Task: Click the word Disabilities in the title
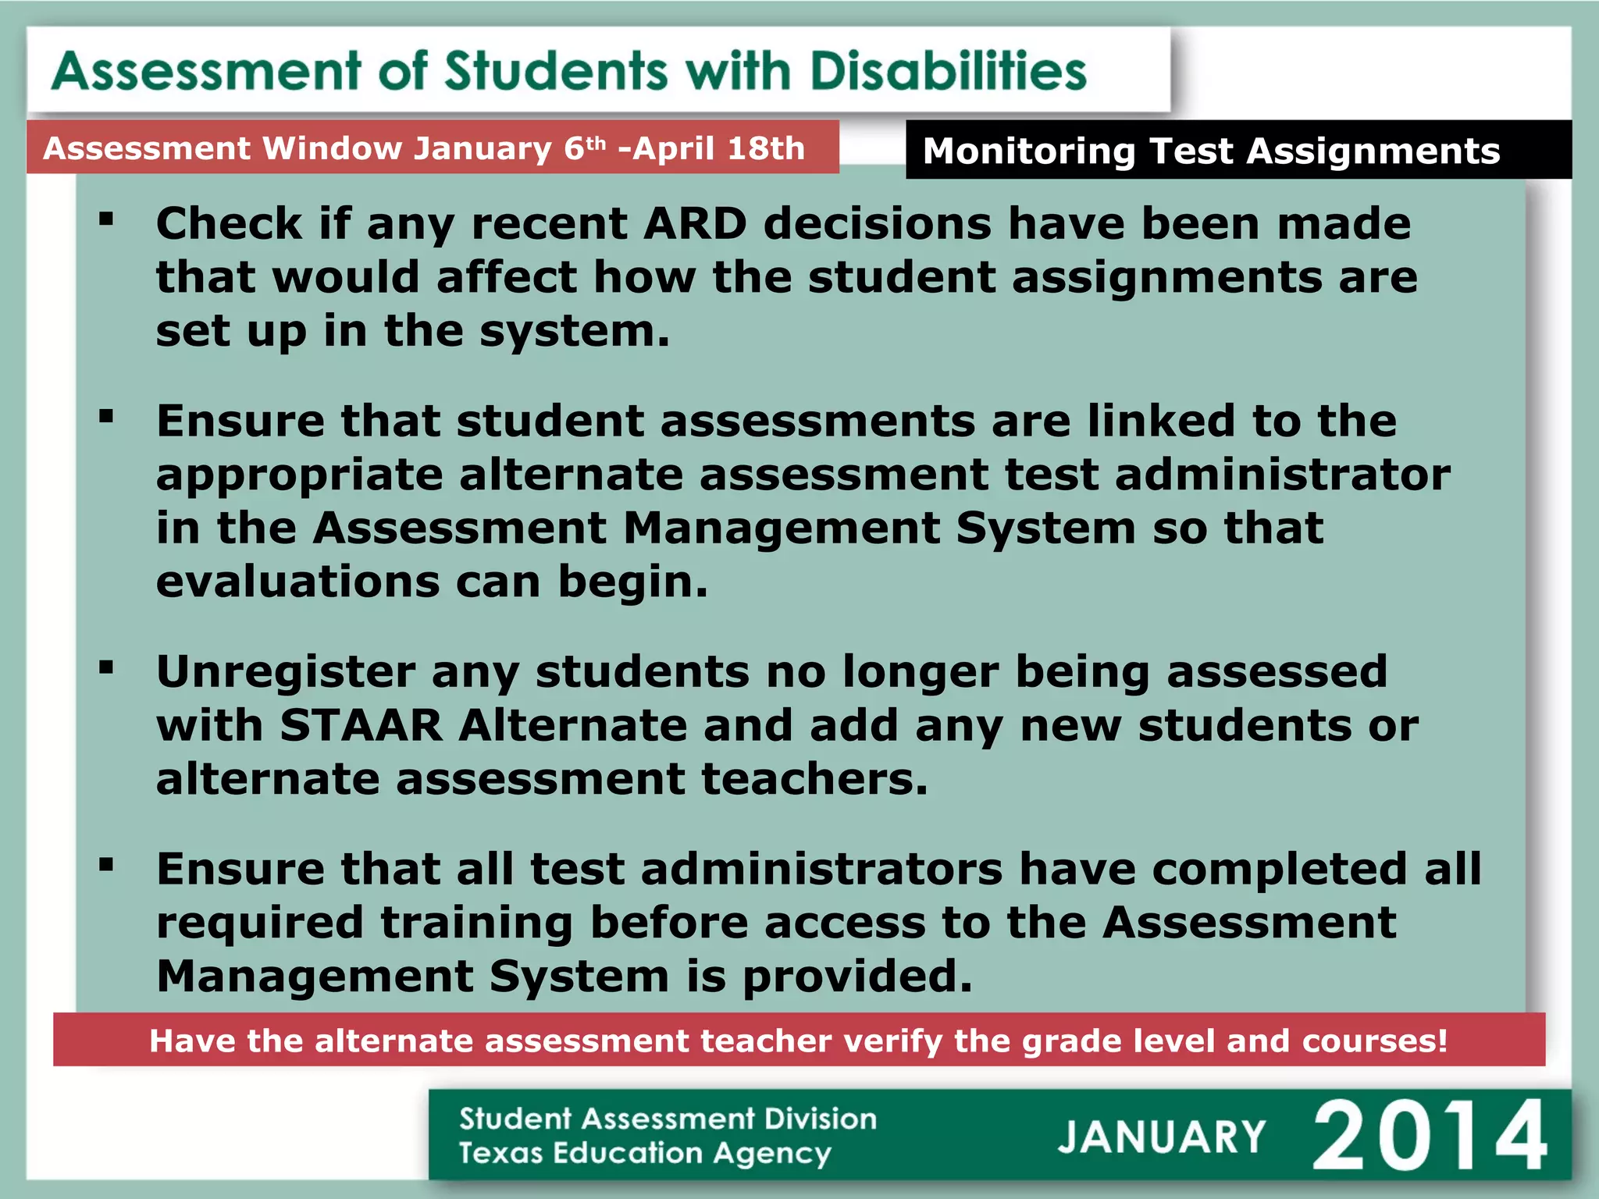(948, 72)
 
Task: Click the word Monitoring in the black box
(1029, 151)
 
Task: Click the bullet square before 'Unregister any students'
(107, 667)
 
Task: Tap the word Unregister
(286, 673)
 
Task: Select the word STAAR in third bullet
(361, 726)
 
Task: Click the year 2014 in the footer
(1429, 1136)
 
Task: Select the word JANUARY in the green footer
(1161, 1137)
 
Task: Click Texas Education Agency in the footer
(645, 1154)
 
